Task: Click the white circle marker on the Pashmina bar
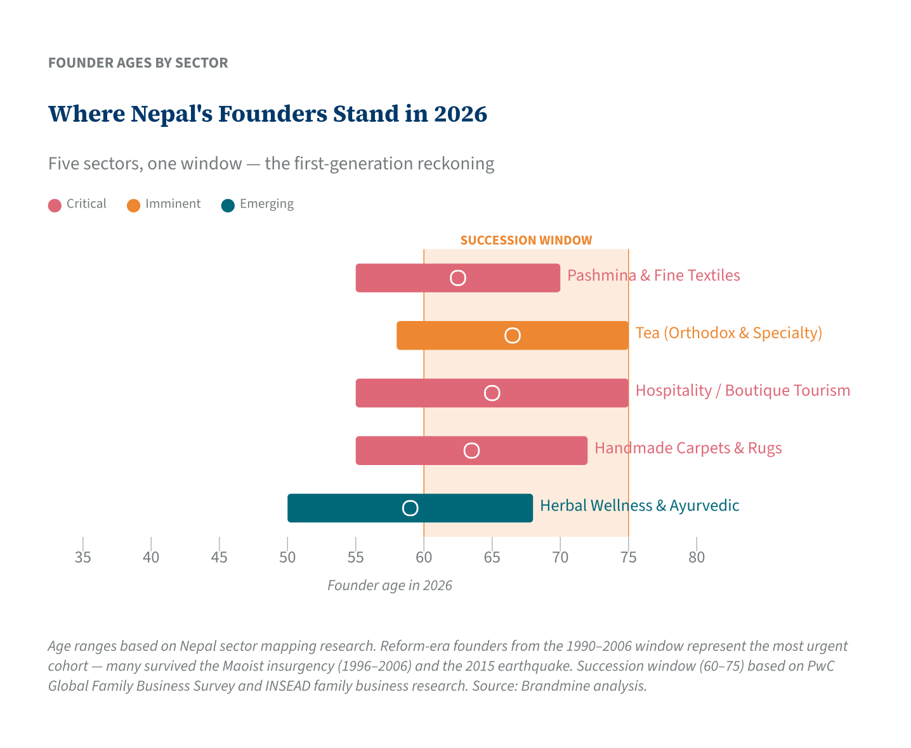tap(458, 278)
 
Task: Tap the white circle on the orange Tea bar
tap(513, 336)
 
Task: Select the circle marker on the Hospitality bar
tap(492, 393)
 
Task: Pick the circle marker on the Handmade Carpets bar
tap(471, 450)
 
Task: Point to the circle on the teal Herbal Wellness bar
tap(410, 508)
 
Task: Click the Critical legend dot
tap(55, 205)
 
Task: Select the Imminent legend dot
tap(133, 205)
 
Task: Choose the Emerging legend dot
tap(228, 205)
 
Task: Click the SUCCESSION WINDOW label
tap(526, 240)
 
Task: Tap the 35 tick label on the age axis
tap(82, 558)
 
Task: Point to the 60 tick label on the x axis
tap(424, 558)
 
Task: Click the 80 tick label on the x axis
tap(697, 558)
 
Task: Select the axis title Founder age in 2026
tap(390, 586)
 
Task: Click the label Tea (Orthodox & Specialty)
tap(728, 333)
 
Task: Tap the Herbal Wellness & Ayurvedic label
tap(639, 506)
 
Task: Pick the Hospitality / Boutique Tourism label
tap(742, 390)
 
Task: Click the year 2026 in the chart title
tap(461, 114)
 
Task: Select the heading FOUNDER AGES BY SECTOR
tap(138, 63)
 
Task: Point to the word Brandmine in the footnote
tap(551, 686)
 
